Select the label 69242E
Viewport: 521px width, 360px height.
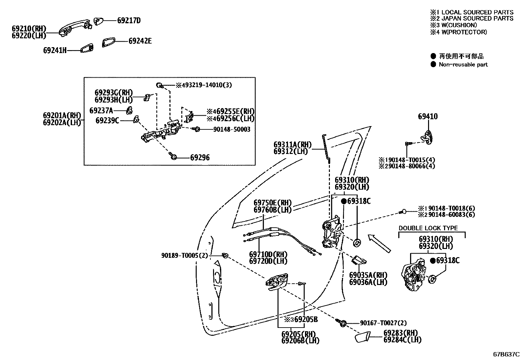click(x=140, y=41)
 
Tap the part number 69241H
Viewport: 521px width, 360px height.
click(x=55, y=50)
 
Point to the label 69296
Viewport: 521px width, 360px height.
click(x=200, y=158)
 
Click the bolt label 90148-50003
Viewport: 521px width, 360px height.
click(x=232, y=129)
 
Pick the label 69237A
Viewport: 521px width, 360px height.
click(x=101, y=110)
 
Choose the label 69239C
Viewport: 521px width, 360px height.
click(x=107, y=121)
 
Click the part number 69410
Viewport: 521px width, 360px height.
click(x=427, y=117)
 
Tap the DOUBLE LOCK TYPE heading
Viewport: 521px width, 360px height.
click(x=428, y=228)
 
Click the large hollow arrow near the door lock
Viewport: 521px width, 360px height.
click(x=379, y=243)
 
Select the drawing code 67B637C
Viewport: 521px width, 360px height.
click(x=506, y=354)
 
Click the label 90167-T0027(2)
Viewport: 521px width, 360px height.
click(x=384, y=323)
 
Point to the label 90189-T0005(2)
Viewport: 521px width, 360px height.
click(x=184, y=255)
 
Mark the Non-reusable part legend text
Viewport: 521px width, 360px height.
click(x=463, y=65)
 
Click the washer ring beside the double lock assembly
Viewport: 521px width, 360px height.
click(x=432, y=279)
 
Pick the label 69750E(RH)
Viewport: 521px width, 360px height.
click(x=272, y=203)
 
